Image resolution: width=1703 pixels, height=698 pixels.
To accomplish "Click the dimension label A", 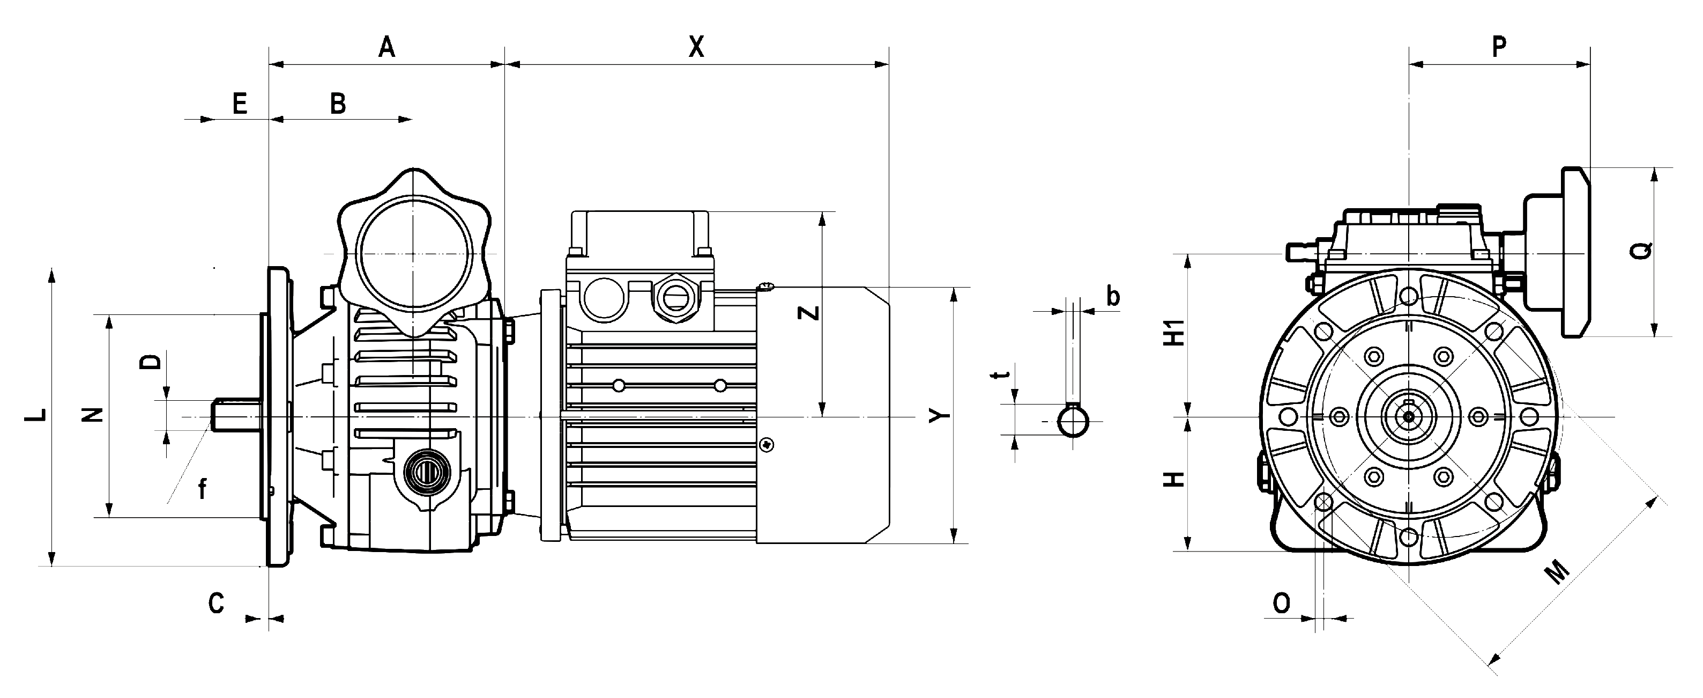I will coord(386,47).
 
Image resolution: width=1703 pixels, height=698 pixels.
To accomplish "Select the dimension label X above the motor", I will coord(696,47).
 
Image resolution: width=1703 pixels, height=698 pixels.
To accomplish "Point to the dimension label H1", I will coord(1174,333).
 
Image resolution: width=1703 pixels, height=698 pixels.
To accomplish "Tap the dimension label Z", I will coord(810,313).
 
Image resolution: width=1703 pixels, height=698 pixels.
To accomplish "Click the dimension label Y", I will coord(939,415).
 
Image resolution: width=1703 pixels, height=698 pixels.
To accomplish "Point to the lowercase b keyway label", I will coord(1113,296).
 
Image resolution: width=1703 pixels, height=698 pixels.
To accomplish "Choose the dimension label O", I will coord(1281,604).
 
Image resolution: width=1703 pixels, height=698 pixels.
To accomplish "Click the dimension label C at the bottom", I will coord(217,604).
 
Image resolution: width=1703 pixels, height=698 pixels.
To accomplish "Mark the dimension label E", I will coord(239,104).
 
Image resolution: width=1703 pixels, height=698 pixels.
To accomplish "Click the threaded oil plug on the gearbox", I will coord(422,472).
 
